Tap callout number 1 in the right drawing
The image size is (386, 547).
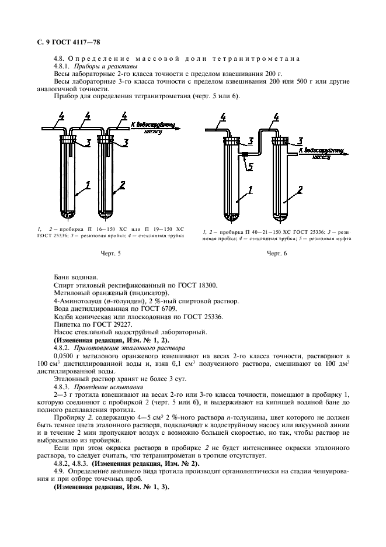point(250,189)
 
